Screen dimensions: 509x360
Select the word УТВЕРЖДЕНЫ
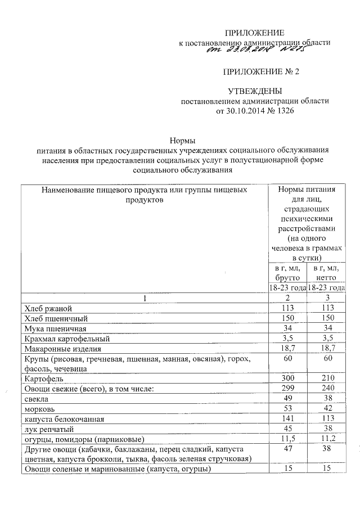(x=254, y=92)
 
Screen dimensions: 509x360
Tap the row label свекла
(x=37, y=399)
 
